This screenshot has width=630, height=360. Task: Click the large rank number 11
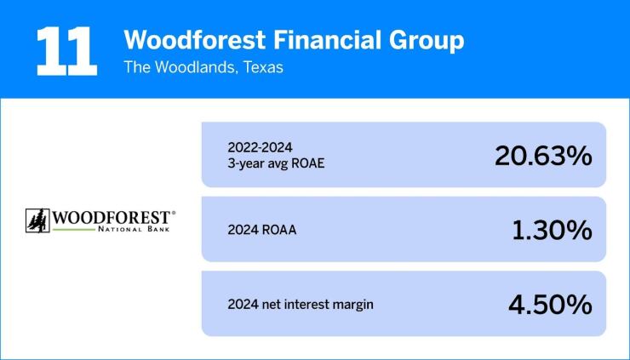(65, 50)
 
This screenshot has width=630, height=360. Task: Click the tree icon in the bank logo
(37, 220)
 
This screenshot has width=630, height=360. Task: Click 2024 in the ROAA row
(242, 230)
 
